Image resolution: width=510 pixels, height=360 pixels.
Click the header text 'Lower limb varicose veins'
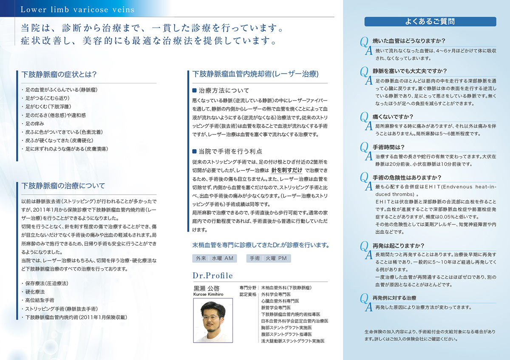click(77, 9)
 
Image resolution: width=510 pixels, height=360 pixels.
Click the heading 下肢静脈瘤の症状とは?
click(59, 74)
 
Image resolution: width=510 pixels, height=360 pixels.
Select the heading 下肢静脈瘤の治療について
click(63, 186)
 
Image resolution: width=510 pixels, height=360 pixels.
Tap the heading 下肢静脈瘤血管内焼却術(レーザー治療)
click(255, 74)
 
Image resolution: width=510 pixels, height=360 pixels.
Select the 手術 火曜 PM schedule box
click(268, 258)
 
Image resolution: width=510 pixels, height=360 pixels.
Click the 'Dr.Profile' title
click(212, 275)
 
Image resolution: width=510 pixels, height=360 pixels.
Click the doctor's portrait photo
click(213, 317)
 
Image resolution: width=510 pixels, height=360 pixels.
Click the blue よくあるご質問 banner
click(430, 21)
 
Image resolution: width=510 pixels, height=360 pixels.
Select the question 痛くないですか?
click(393, 116)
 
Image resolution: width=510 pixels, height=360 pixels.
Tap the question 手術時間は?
click(388, 147)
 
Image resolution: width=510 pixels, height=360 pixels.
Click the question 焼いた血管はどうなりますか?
click(408, 41)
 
